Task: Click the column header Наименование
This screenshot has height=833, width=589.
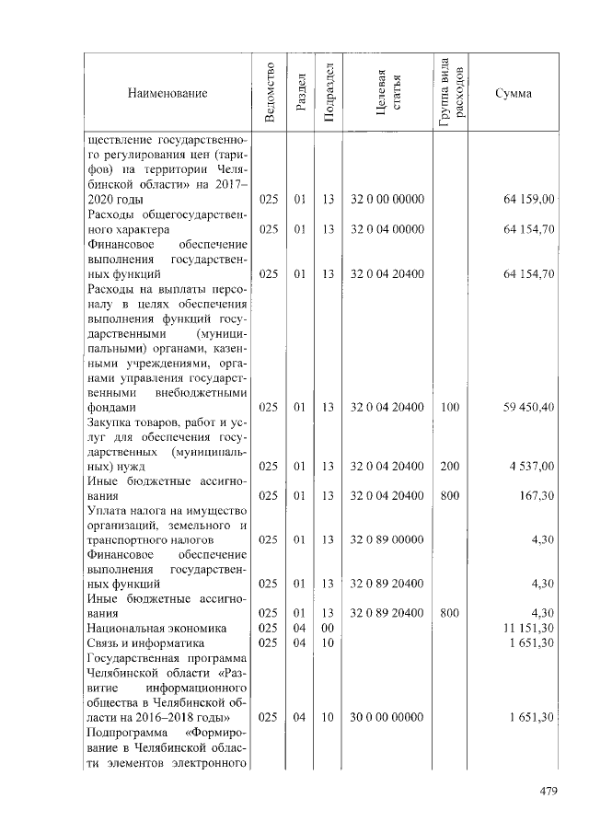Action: click(x=167, y=93)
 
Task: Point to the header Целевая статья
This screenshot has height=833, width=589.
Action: click(x=388, y=93)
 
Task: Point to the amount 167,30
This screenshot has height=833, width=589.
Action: click(x=537, y=495)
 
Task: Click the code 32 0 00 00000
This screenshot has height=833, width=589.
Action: click(x=387, y=199)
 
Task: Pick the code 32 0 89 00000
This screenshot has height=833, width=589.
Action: click(x=387, y=539)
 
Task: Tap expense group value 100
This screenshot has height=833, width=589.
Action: click(x=450, y=406)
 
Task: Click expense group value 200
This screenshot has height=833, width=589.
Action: click(x=450, y=466)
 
